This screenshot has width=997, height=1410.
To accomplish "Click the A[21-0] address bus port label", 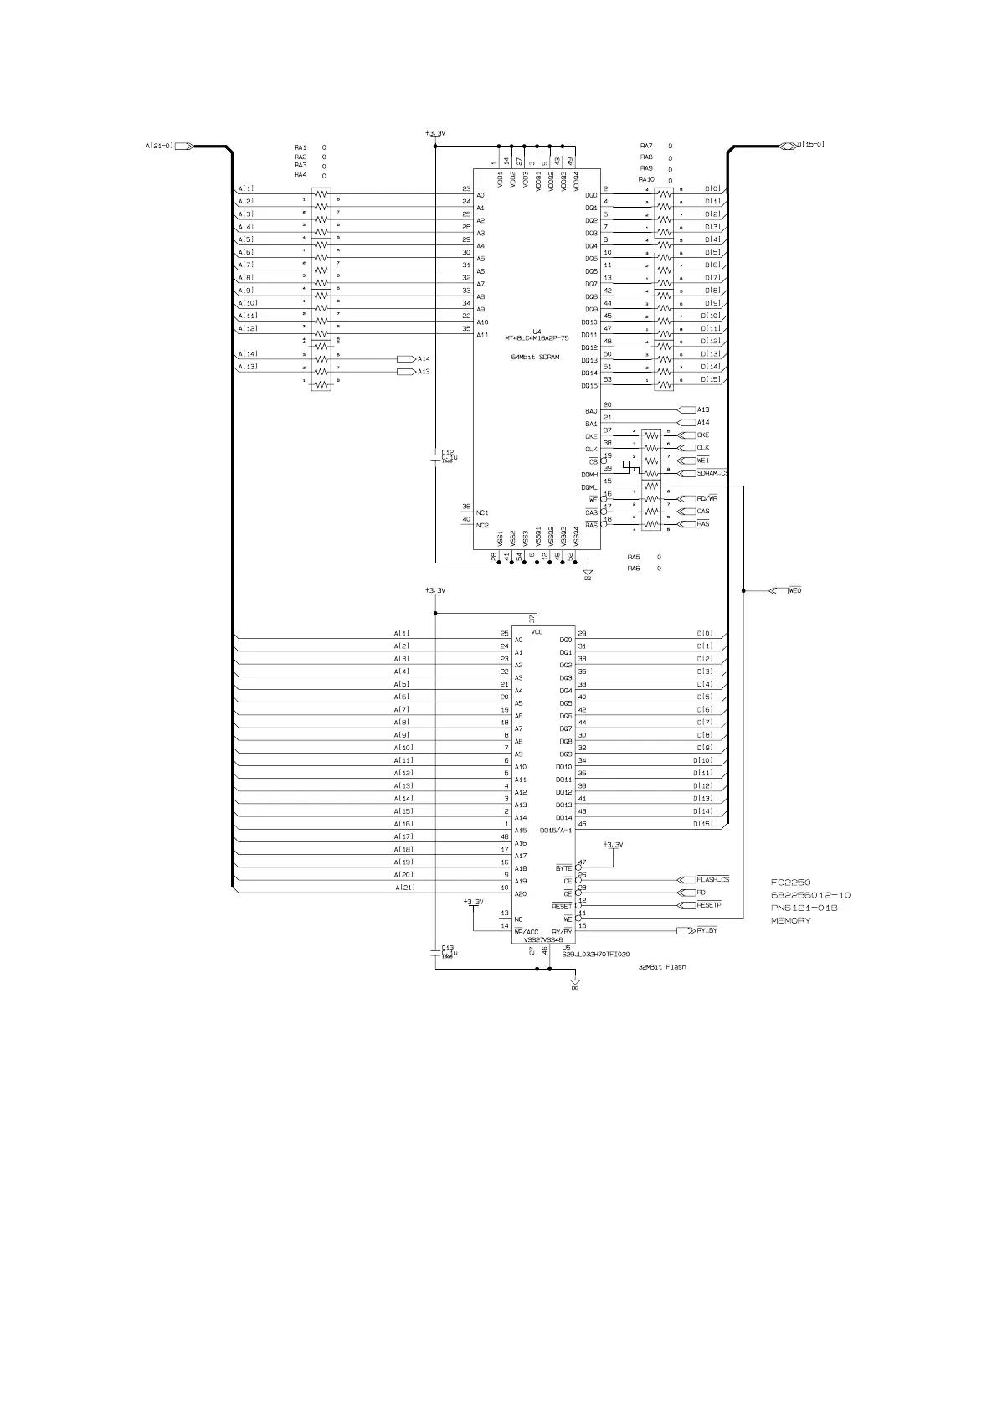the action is pyautogui.click(x=159, y=146).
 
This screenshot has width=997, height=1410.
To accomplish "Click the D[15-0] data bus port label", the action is pyautogui.click(x=810, y=144).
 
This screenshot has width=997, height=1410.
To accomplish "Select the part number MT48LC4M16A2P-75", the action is pyautogui.click(x=537, y=338).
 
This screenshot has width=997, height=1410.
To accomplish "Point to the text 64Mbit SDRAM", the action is pyautogui.click(x=536, y=357).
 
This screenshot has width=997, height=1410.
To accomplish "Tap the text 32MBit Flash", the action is pyautogui.click(x=661, y=967).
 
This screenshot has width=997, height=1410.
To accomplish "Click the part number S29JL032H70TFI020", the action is pyautogui.click(x=596, y=954).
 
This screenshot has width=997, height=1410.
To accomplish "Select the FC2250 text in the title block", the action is pyautogui.click(x=790, y=883).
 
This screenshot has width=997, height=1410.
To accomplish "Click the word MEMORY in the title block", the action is pyautogui.click(x=790, y=921).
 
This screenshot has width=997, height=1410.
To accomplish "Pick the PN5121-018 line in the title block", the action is pyautogui.click(x=804, y=908).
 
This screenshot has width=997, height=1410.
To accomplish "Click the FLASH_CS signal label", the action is pyautogui.click(x=712, y=880).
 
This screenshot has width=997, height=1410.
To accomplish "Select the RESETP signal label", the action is pyautogui.click(x=708, y=905).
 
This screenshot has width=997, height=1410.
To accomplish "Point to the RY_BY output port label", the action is pyautogui.click(x=707, y=930).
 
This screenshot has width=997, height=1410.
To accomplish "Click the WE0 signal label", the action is pyautogui.click(x=795, y=591).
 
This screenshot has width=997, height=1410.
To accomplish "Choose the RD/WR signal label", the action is pyautogui.click(x=707, y=499).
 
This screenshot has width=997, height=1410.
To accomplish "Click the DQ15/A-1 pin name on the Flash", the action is pyautogui.click(x=556, y=831).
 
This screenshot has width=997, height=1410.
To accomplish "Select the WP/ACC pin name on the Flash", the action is pyautogui.click(x=527, y=932).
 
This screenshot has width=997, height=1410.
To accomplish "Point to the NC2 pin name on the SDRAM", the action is pyautogui.click(x=482, y=525).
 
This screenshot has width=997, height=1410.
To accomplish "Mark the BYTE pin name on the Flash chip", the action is pyautogui.click(x=564, y=868).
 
